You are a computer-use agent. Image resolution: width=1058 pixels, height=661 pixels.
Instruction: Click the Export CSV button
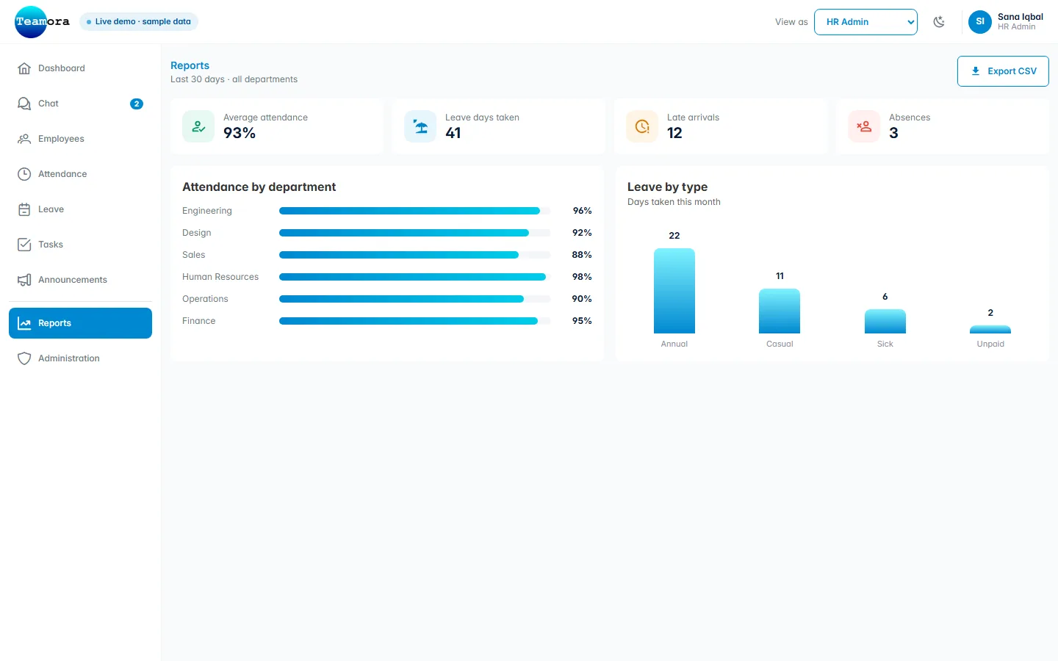click(x=1003, y=71)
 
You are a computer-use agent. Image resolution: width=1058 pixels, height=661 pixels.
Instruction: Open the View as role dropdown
click(x=866, y=22)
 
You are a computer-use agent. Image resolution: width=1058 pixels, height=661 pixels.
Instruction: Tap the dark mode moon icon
click(x=939, y=22)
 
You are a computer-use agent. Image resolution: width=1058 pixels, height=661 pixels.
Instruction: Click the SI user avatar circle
click(x=979, y=22)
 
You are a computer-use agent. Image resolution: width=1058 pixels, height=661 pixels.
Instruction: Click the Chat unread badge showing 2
click(x=137, y=104)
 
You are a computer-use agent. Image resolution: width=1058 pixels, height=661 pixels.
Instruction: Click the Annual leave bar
click(x=674, y=291)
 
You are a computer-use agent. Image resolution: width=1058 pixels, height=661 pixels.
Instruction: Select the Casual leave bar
click(x=780, y=311)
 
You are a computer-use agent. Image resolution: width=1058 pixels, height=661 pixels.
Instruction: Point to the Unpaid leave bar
click(x=990, y=330)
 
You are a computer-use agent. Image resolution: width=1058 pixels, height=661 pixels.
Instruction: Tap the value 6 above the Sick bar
click(x=885, y=297)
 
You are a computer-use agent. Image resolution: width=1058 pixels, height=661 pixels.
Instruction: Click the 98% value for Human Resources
click(x=581, y=277)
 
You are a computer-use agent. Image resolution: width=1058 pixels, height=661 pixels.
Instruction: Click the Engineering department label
click(x=207, y=211)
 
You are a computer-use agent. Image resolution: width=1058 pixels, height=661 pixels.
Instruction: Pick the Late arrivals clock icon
click(x=642, y=126)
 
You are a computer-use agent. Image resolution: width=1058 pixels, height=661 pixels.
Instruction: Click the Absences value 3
click(x=893, y=133)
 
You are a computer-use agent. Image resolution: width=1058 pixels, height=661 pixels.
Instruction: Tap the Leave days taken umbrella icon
click(x=420, y=126)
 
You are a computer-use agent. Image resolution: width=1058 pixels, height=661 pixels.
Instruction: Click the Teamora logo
click(x=42, y=22)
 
